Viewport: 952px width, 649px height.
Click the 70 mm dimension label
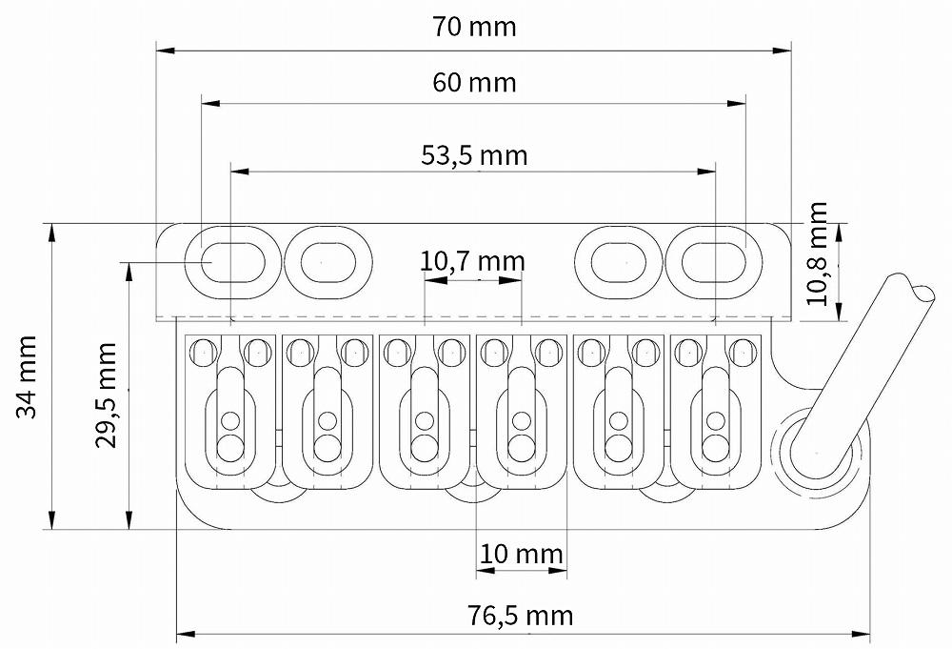(x=474, y=27)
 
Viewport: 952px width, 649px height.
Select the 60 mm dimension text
(x=474, y=82)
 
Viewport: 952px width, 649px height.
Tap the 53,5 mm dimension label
(x=474, y=155)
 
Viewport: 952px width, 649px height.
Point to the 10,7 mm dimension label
(x=472, y=261)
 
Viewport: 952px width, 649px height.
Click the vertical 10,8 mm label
(x=817, y=253)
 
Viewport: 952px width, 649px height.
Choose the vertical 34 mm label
(x=28, y=376)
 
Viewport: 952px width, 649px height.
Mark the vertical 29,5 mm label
(x=106, y=395)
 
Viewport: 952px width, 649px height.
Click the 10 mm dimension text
(x=522, y=554)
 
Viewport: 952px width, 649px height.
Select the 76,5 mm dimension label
(x=520, y=615)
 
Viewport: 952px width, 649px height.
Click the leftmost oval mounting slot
(x=232, y=262)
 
